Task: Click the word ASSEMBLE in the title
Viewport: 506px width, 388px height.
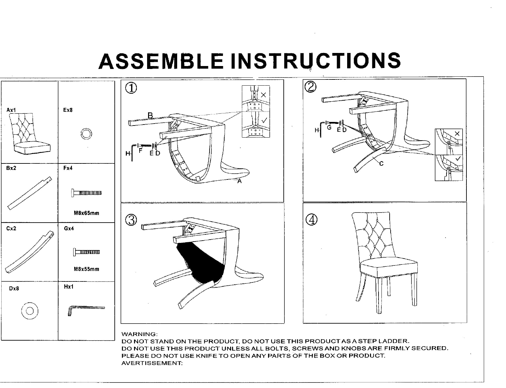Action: tap(161, 61)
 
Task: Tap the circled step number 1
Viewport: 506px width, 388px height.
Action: tap(131, 88)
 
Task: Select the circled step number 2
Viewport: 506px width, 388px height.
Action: tap(311, 87)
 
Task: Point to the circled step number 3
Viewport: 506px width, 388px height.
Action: tap(131, 220)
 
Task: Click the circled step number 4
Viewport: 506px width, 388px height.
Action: tap(311, 219)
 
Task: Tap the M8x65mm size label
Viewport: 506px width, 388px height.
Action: tap(86, 213)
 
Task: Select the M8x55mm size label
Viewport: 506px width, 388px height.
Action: tap(86, 269)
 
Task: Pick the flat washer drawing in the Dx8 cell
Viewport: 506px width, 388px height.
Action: tap(29, 311)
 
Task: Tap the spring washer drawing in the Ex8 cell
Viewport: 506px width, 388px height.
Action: tap(86, 134)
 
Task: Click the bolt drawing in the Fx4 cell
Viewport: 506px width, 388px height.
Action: tap(86, 193)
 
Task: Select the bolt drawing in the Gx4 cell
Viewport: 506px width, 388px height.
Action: tap(86, 252)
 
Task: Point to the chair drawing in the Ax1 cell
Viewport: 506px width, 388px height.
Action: tap(29, 134)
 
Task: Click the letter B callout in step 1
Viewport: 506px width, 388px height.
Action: tap(150, 115)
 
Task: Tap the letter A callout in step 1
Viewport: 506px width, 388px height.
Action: tap(239, 181)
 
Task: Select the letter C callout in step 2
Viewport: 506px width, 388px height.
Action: tap(381, 164)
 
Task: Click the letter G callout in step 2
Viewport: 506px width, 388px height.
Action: tap(329, 127)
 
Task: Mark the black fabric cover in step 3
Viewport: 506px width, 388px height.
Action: tap(201, 262)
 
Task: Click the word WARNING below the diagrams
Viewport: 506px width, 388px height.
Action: tap(140, 334)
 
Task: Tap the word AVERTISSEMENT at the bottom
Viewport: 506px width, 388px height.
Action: tap(152, 363)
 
